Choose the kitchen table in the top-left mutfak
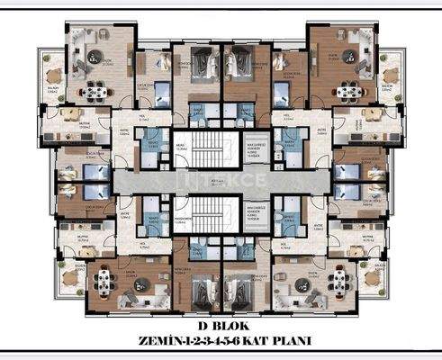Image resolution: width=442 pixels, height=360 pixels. (x=70, y=118)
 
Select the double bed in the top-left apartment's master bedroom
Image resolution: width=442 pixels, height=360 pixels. (x=200, y=65)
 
